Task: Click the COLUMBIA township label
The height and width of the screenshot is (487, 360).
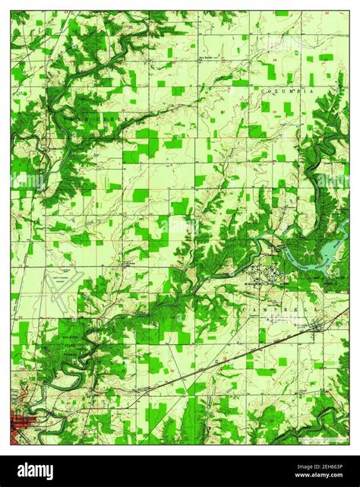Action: (287, 90)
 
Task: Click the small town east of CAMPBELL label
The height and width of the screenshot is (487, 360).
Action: (318, 327)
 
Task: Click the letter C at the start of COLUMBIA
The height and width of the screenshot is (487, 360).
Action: (264, 90)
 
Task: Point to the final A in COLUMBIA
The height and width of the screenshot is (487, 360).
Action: (311, 90)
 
